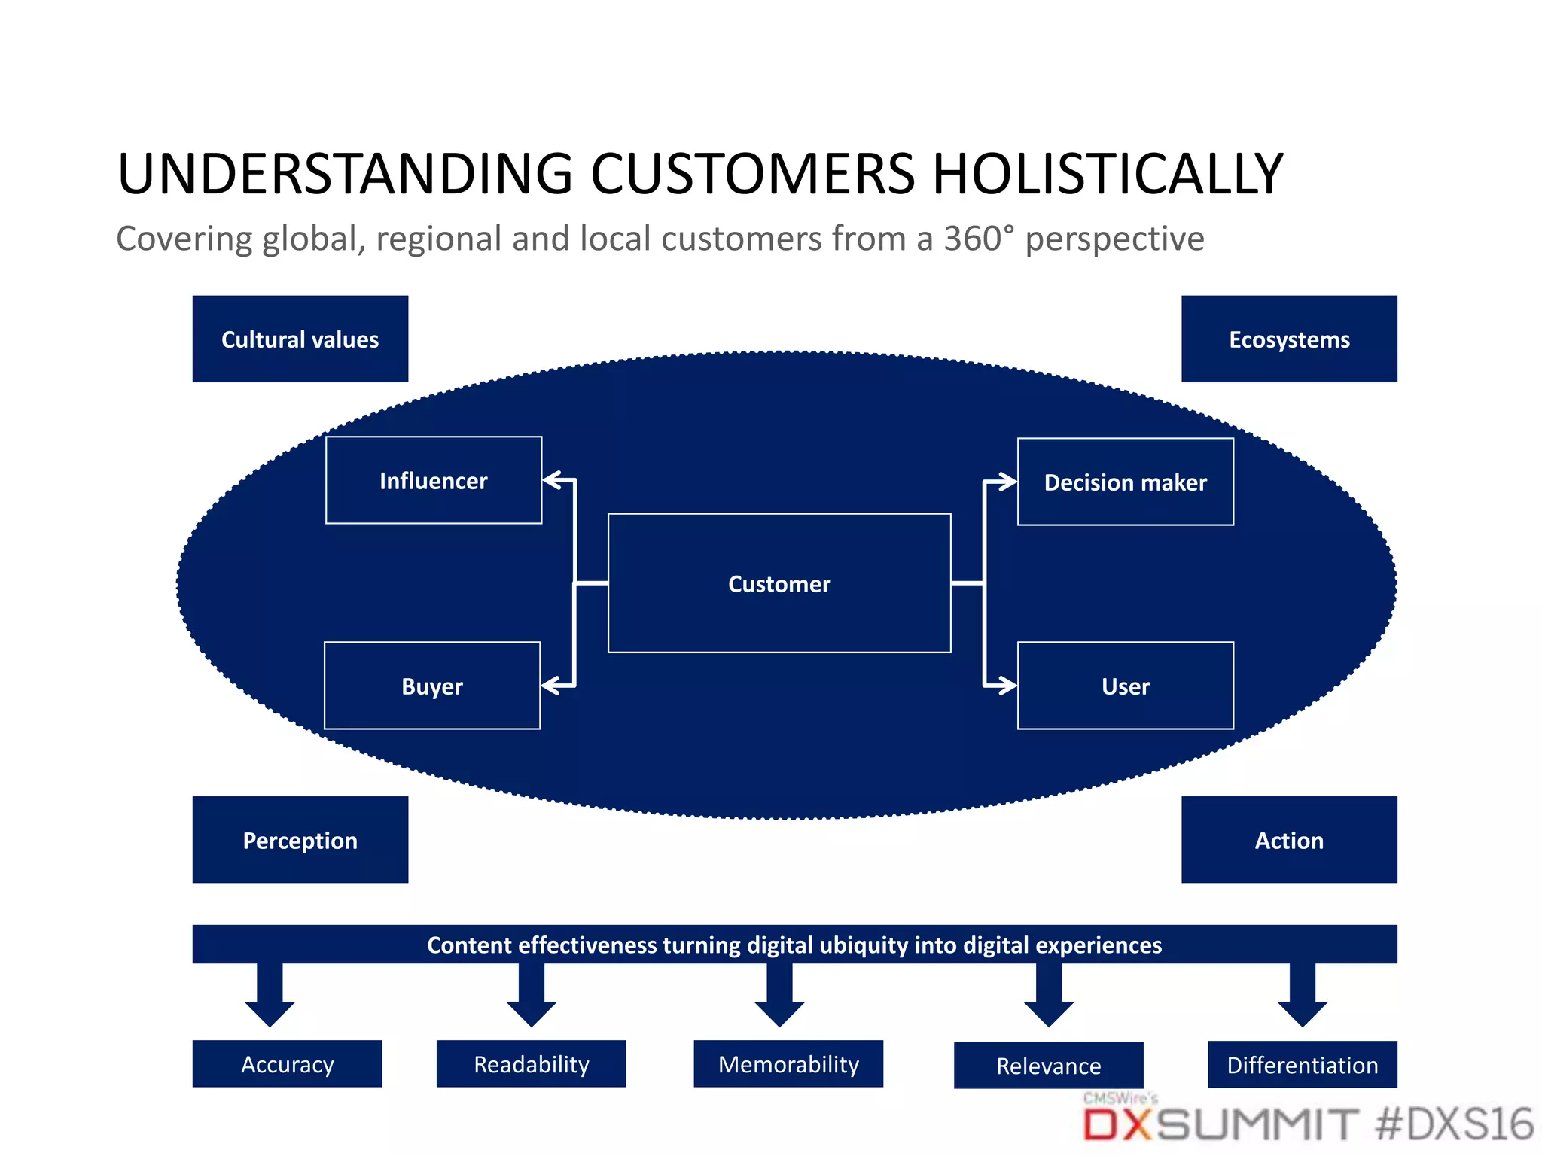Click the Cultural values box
point(300,339)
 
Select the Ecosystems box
point(1288,339)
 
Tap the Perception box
point(300,839)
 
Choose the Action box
point(1288,839)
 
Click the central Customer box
point(779,583)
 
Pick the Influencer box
point(433,480)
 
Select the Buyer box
point(431,686)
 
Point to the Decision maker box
point(1125,482)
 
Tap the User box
point(1125,686)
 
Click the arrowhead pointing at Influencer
point(552,479)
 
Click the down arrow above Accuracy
point(270,997)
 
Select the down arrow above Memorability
point(779,997)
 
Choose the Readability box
point(531,1063)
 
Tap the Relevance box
point(1048,1065)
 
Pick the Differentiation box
point(1302,1064)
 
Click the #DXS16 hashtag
point(1453,1124)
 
